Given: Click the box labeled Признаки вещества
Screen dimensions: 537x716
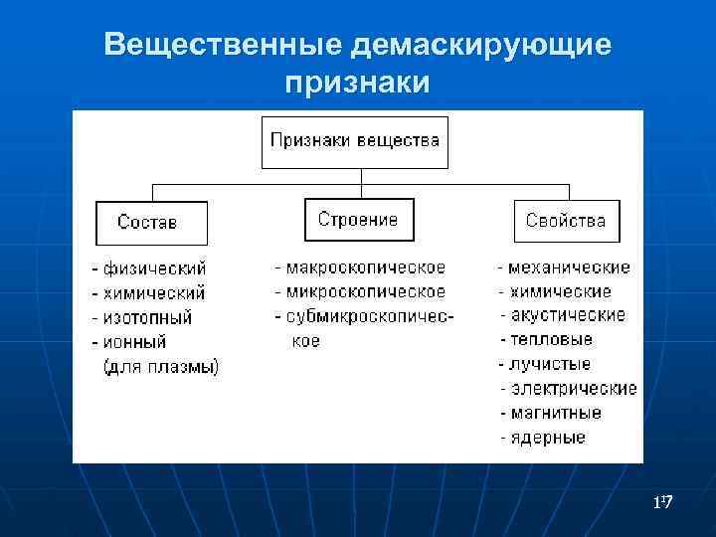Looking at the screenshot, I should click(354, 141).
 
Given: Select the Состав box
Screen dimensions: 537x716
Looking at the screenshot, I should click(151, 223).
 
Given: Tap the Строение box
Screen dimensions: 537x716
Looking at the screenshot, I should click(358, 220).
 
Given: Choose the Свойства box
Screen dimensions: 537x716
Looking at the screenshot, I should click(566, 221).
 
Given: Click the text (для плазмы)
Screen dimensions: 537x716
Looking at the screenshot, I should click(161, 367).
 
